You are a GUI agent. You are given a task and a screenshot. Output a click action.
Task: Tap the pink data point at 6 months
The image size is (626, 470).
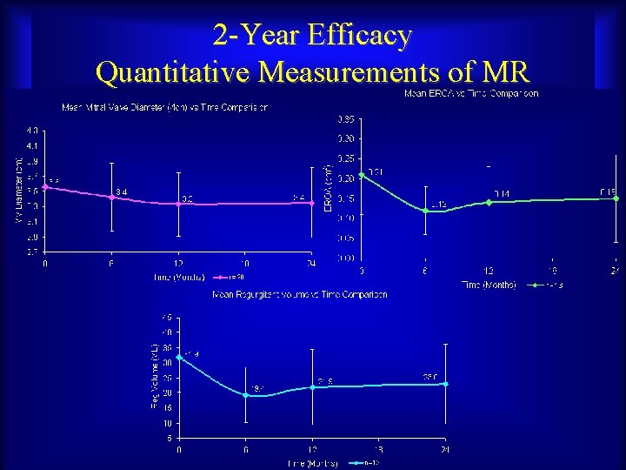[111, 197]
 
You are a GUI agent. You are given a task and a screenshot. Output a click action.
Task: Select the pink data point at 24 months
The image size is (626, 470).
[312, 203]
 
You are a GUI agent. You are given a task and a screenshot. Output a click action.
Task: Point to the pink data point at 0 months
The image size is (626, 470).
[45, 186]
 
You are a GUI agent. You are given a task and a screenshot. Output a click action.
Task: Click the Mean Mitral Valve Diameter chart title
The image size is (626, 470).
[163, 108]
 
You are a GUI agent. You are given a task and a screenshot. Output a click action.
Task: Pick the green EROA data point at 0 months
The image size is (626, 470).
[362, 175]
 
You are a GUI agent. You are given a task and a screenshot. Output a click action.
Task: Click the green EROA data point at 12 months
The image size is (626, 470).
[489, 202]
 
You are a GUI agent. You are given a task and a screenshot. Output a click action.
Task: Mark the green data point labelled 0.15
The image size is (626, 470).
[616, 198]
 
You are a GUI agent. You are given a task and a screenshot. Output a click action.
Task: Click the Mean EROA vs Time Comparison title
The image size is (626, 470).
[471, 93]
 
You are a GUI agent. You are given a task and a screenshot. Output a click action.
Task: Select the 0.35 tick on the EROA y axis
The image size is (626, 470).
[346, 118]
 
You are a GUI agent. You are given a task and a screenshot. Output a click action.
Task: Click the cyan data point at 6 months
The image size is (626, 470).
[246, 395]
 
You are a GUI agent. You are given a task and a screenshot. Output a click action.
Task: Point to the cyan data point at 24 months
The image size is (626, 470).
[445, 384]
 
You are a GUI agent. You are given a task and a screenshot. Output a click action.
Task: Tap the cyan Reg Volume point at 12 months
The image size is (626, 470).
[312, 386]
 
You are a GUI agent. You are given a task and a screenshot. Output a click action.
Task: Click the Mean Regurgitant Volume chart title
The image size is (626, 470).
[300, 295]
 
